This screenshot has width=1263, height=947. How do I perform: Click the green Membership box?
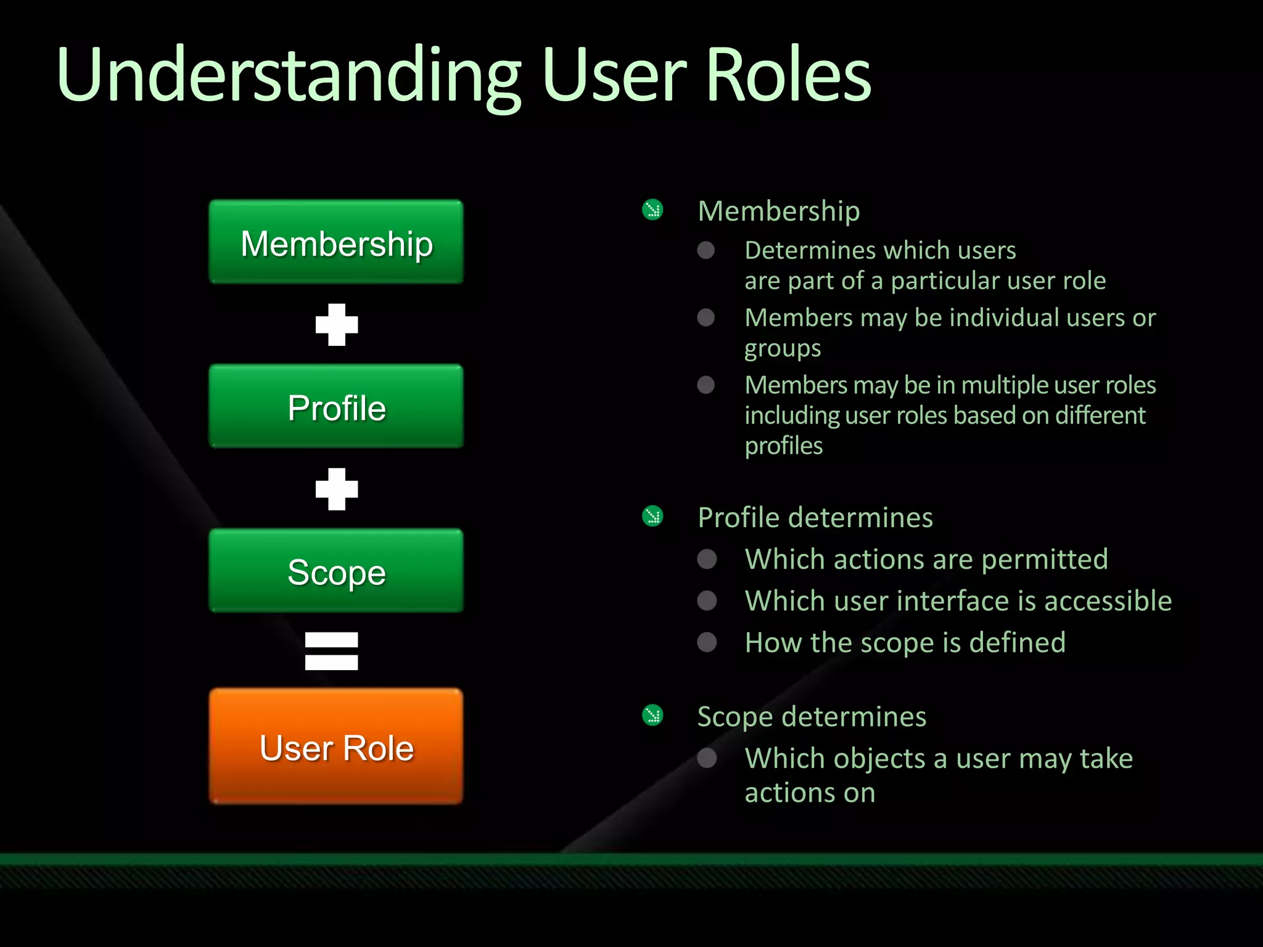[x=336, y=242]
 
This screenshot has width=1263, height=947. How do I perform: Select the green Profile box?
[x=336, y=407]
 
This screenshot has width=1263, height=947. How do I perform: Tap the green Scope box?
[x=336, y=571]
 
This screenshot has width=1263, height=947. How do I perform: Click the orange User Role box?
[x=336, y=747]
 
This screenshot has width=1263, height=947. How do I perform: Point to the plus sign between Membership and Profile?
[x=337, y=325]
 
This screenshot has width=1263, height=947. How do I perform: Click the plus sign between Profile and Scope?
[x=337, y=490]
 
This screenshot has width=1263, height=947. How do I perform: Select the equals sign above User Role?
[x=332, y=651]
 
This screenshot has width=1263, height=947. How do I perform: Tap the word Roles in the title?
[x=788, y=75]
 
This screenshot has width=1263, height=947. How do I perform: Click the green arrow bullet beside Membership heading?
[x=652, y=210]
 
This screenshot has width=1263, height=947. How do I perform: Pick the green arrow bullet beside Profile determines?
[x=652, y=517]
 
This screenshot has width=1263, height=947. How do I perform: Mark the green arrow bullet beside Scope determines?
[x=652, y=716]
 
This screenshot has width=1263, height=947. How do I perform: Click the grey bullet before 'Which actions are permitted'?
[x=707, y=559]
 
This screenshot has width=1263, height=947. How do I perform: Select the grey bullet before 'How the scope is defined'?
[x=707, y=642]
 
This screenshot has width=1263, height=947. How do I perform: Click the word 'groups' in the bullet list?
[x=783, y=349]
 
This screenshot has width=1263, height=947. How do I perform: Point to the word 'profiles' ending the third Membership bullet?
[x=784, y=446]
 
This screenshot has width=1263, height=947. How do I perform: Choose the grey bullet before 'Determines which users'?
[x=706, y=250]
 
